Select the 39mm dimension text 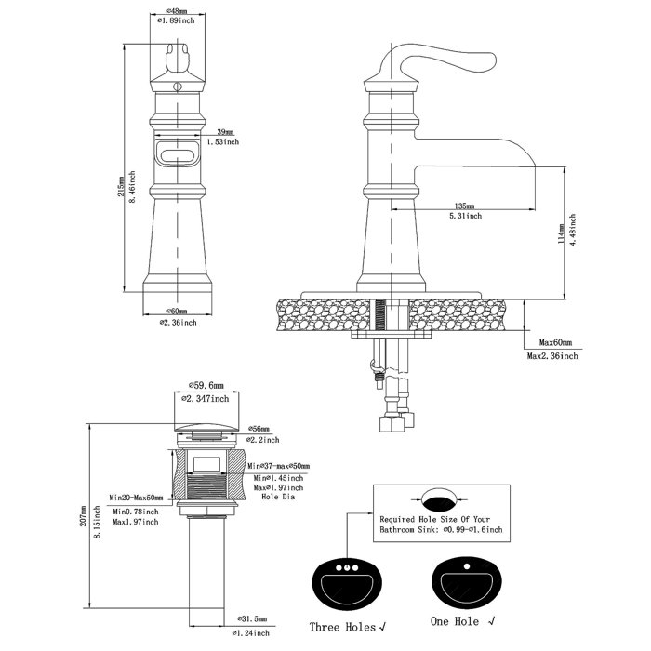(x=224, y=132)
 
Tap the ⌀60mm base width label (x=177, y=312)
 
